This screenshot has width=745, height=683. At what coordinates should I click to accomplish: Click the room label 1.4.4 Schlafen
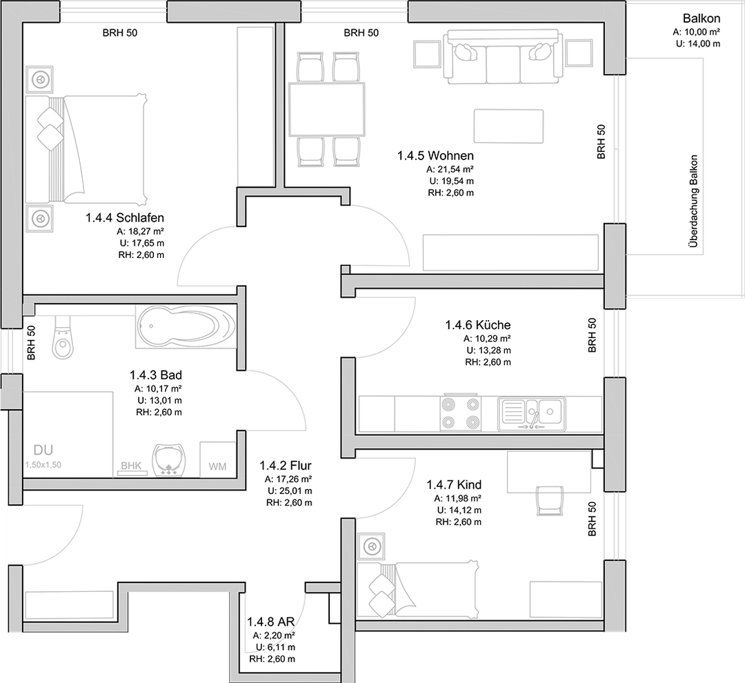[x=124, y=218]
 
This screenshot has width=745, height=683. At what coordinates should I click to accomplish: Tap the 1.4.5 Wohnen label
[x=435, y=155]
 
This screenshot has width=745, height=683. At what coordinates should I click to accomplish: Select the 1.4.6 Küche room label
[x=477, y=325]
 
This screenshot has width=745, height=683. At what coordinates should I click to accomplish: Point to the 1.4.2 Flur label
[x=286, y=465]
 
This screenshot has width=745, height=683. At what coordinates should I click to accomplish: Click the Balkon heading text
[x=702, y=19]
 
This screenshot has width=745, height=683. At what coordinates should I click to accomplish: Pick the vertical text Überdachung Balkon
[x=694, y=201]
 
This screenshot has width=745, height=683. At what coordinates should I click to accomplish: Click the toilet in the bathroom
[x=63, y=337]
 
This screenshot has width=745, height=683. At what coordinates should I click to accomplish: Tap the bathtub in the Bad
[x=186, y=326]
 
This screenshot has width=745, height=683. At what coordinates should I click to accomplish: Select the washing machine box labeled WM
[x=217, y=459]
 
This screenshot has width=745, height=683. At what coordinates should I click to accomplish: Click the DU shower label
[x=43, y=450]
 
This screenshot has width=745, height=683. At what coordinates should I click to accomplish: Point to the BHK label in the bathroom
[x=131, y=466]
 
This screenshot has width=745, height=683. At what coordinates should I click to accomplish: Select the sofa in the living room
[x=503, y=57]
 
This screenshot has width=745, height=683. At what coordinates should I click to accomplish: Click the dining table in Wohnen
[x=327, y=109]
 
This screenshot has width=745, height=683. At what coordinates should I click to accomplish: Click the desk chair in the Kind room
[x=550, y=500]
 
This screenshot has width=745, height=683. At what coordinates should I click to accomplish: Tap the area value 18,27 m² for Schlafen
[x=141, y=232]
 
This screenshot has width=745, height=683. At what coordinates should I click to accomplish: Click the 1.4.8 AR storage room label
[x=271, y=622]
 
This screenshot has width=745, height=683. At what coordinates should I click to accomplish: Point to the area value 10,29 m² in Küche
[x=488, y=339]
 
